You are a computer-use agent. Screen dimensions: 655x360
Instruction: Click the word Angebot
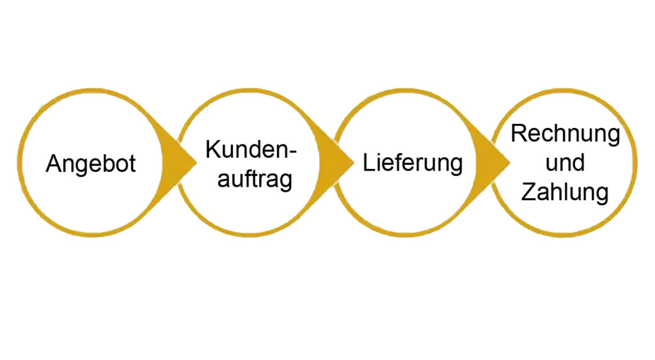pyautogui.click(x=91, y=164)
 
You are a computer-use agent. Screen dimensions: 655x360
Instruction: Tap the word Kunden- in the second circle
pyautogui.click(x=251, y=150)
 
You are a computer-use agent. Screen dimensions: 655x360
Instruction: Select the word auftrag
pyautogui.click(x=255, y=180)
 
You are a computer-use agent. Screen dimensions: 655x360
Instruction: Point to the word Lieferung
pyautogui.click(x=413, y=163)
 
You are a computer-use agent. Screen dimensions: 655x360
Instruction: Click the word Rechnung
pyautogui.click(x=565, y=134)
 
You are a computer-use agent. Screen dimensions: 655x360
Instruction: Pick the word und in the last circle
pyautogui.click(x=565, y=162)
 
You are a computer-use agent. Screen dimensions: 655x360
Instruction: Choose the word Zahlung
pyautogui.click(x=565, y=192)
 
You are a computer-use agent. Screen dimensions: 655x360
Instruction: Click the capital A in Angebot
pyautogui.click(x=53, y=163)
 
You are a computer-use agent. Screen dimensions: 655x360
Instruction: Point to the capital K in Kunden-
pyautogui.click(x=212, y=150)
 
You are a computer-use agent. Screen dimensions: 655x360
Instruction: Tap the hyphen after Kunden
pyautogui.click(x=292, y=152)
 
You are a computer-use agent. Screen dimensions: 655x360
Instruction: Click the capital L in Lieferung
pyautogui.click(x=368, y=162)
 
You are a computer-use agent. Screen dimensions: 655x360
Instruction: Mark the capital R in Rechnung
pyautogui.click(x=519, y=134)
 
